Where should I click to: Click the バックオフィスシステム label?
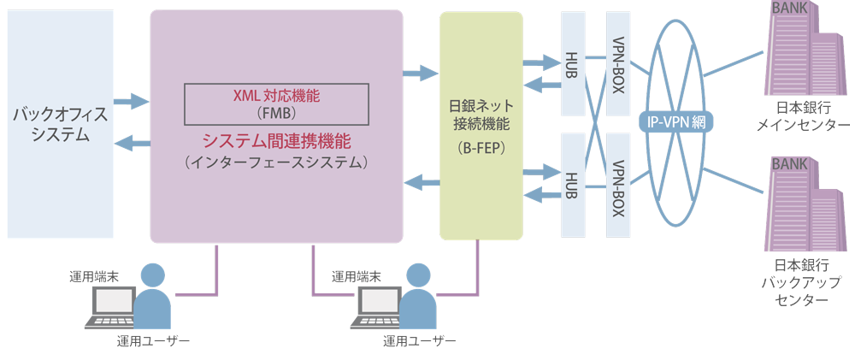point(59,123)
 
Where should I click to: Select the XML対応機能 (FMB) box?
point(277,103)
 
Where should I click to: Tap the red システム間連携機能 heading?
point(277,140)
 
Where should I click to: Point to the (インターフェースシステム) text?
point(277,162)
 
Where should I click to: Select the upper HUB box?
point(573,64)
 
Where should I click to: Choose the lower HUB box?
point(573,184)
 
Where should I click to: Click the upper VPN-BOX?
point(618,64)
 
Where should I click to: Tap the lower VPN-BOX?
point(618,184)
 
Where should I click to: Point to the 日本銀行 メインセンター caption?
point(801,116)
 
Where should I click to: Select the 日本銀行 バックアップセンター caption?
point(801,282)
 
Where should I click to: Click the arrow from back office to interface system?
point(131,101)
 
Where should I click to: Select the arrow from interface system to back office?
point(131,144)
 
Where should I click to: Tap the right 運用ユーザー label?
point(419,341)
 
